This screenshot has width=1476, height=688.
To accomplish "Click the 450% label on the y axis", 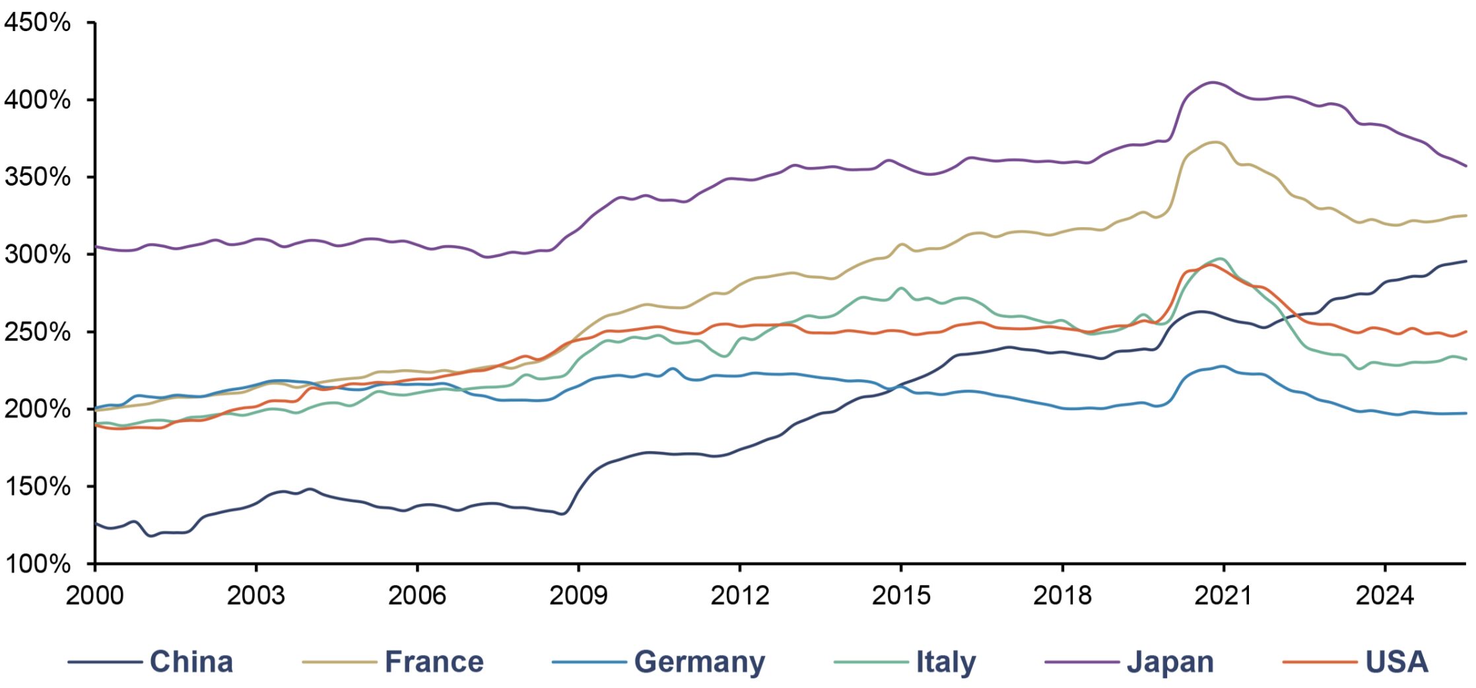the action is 37,23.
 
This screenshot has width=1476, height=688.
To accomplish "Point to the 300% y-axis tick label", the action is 37,254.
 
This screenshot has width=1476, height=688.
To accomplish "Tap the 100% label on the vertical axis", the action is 37,564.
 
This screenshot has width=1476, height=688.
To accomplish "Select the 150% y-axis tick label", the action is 37,487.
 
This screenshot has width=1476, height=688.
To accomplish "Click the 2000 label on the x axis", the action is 94,596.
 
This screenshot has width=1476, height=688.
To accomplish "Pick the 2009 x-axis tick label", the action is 578,596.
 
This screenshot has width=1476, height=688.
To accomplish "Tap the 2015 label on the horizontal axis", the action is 901,596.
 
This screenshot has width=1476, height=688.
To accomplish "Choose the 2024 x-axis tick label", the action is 1385,596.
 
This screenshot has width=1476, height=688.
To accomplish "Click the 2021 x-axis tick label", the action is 1223,596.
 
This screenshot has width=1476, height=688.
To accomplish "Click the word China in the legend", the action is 191,662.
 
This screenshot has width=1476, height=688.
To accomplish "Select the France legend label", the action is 434,662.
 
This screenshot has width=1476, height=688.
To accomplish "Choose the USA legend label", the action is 1397,662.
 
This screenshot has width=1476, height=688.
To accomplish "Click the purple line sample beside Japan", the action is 1083,662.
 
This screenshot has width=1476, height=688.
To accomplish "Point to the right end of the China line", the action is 1466,261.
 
